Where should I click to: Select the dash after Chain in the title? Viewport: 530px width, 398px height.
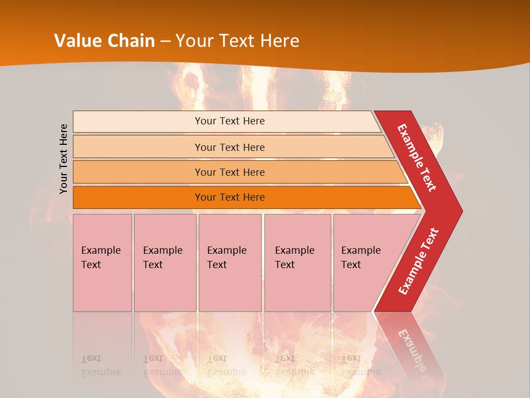pos(166,41)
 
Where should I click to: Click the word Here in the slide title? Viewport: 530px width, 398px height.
pos(279,41)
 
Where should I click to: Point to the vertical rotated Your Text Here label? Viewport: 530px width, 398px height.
pos(63,159)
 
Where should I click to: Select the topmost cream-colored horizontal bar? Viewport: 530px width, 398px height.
pos(229,121)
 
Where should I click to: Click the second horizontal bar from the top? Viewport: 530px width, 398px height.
pos(229,147)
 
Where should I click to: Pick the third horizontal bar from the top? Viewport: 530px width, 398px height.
pos(229,172)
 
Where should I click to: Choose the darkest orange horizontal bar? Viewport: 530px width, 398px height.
pos(229,197)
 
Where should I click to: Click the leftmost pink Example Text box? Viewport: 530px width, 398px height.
pos(102,262)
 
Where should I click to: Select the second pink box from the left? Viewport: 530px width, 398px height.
pos(165,262)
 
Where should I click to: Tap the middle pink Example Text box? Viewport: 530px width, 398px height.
pos(230,262)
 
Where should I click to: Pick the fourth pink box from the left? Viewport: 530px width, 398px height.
pos(297,262)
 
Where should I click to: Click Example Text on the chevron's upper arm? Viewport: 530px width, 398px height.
pos(417,158)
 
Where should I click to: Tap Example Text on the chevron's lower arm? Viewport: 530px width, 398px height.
pos(418,261)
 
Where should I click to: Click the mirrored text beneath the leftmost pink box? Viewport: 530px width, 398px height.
pos(100,365)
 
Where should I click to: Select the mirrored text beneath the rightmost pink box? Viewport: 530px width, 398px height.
pos(361,365)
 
